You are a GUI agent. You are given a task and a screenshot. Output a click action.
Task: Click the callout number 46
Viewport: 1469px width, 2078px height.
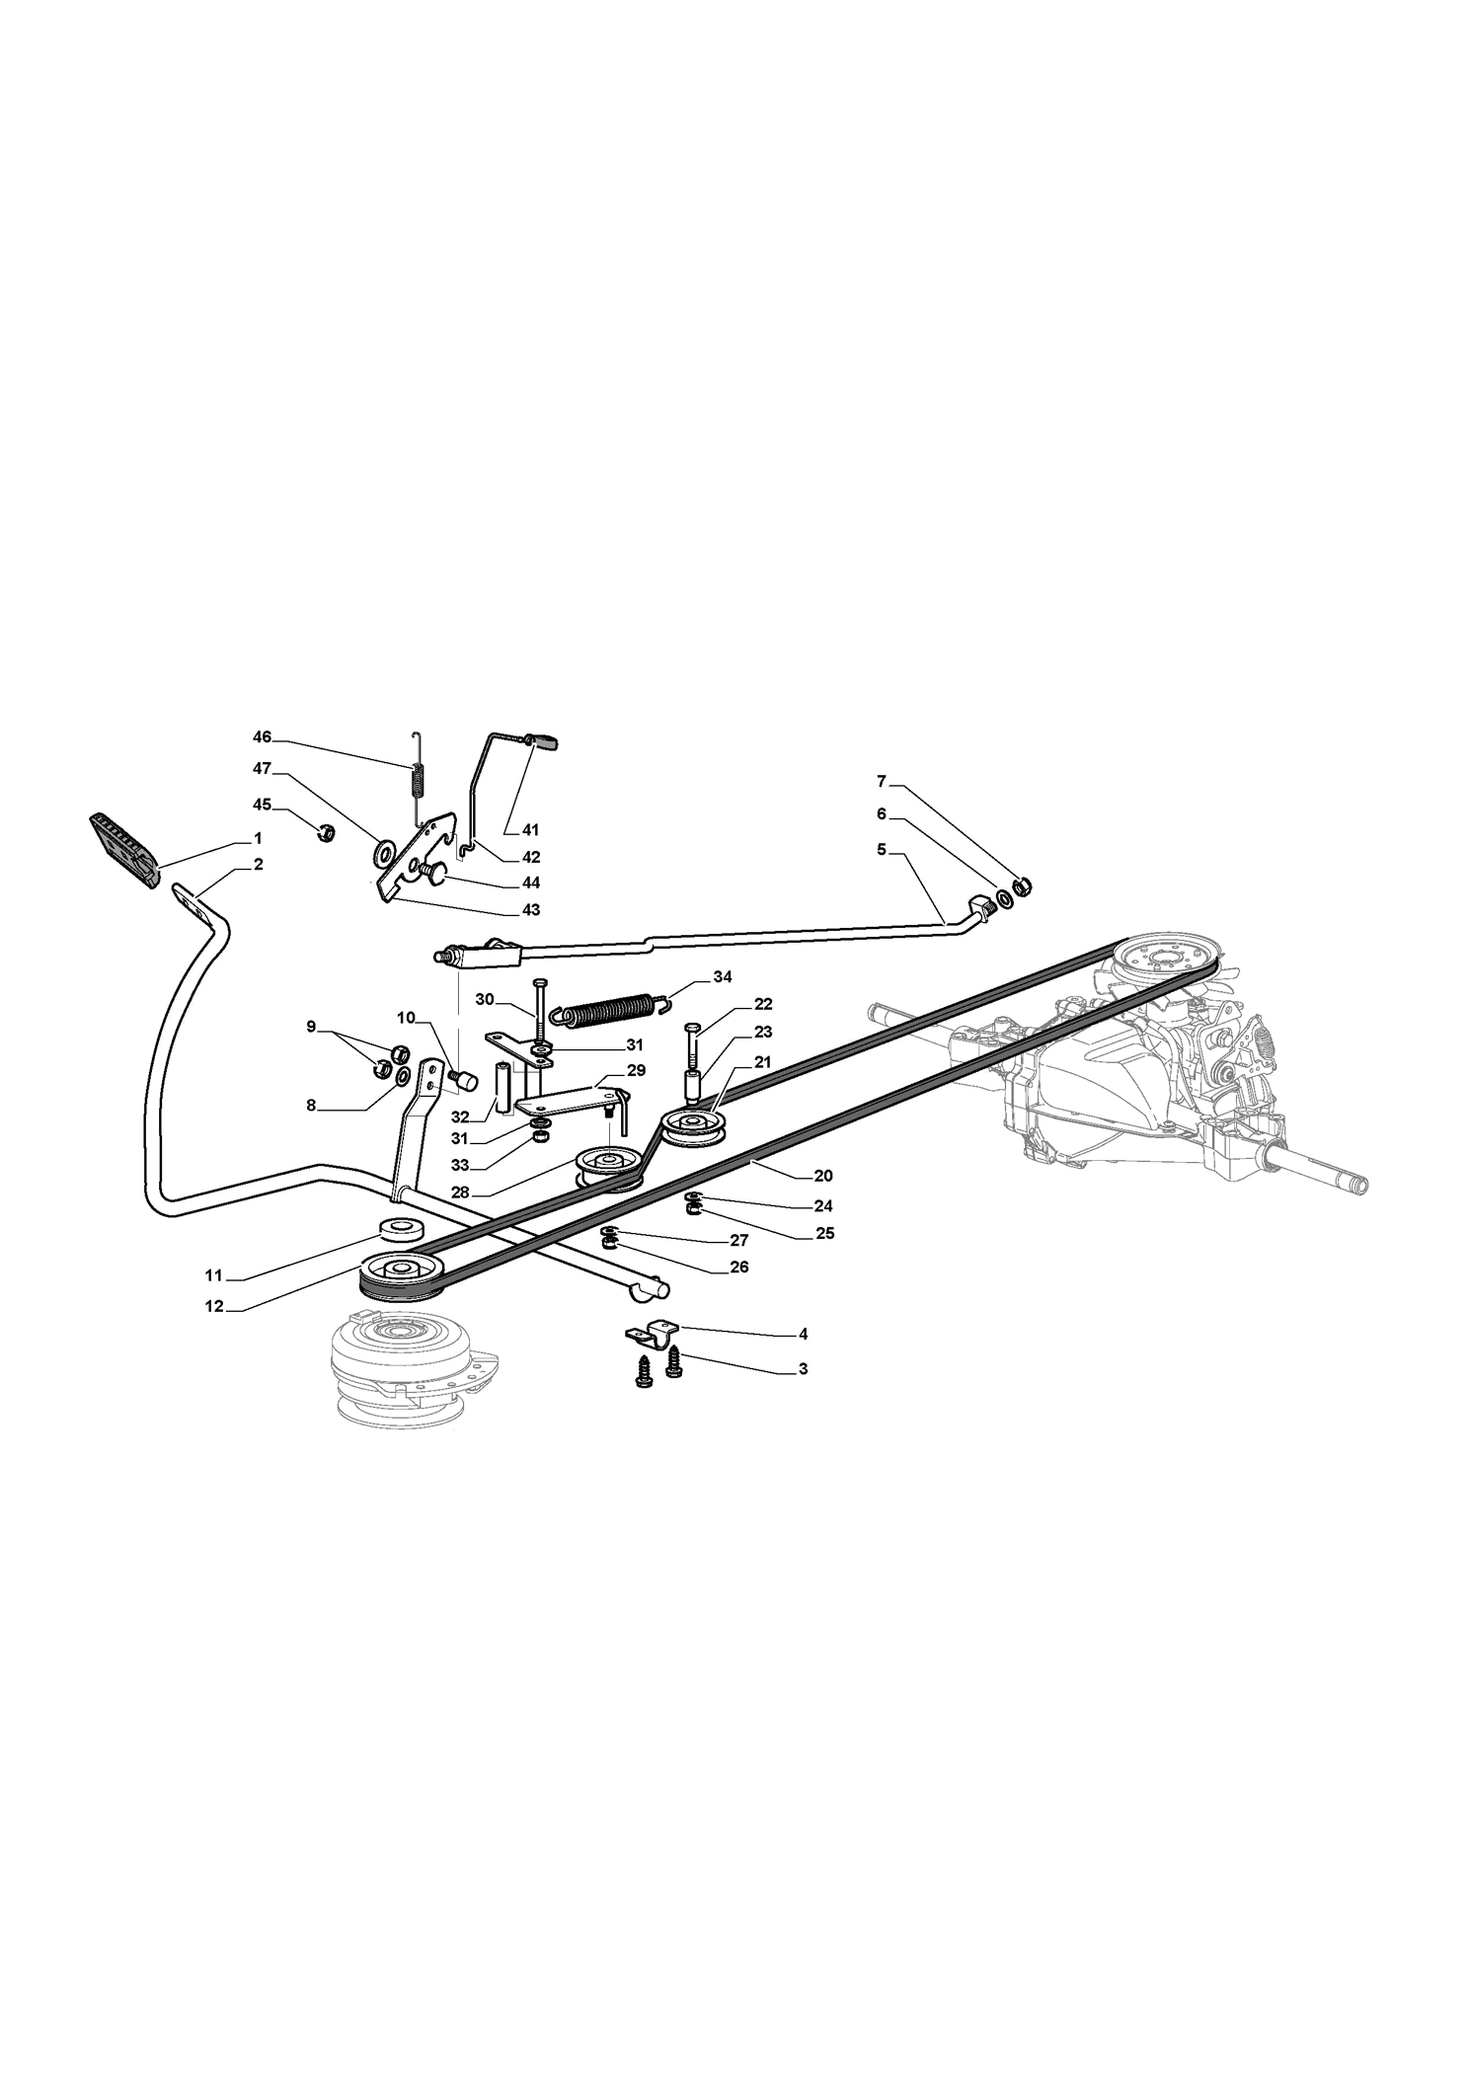pyautogui.click(x=262, y=737)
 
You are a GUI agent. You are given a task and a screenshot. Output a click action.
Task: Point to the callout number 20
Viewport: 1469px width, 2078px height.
pyautogui.click(x=823, y=1176)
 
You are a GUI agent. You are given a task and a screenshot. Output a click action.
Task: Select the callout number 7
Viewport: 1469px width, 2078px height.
pyautogui.click(x=882, y=781)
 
